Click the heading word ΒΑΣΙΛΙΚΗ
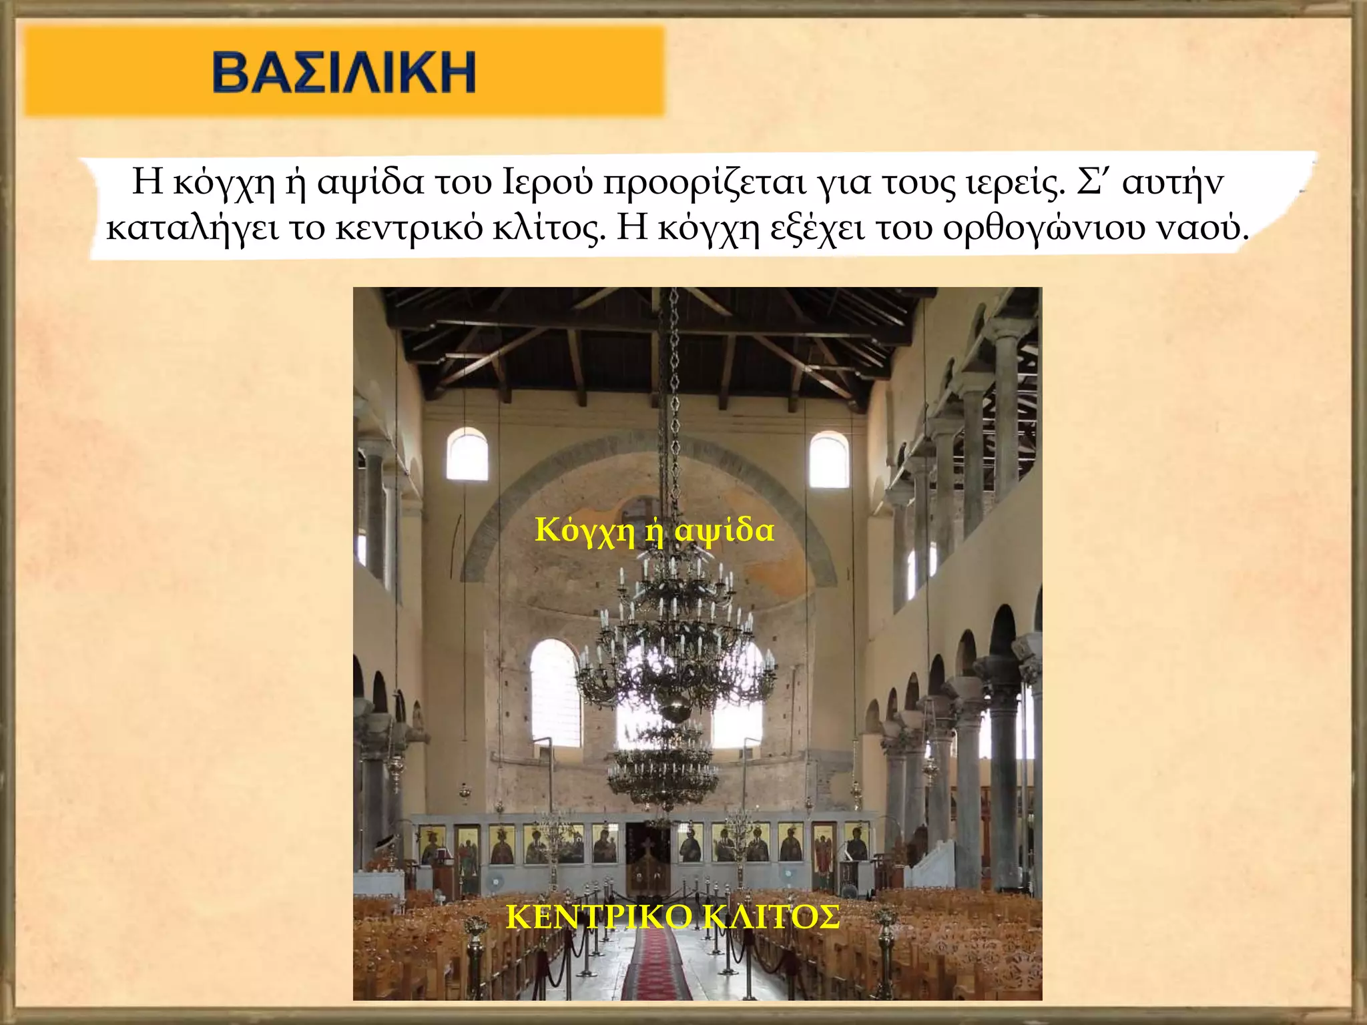344,71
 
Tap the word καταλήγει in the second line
192,228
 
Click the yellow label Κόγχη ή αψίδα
654,531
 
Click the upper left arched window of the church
467,455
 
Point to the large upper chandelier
674,641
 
